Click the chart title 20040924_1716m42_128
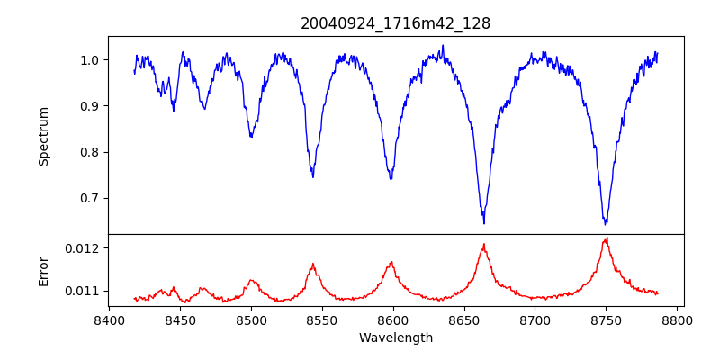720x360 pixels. [x=395, y=23]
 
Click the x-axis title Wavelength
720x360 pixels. [x=395, y=338]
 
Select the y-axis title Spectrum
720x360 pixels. [x=44, y=136]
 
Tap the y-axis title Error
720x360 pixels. [x=44, y=270]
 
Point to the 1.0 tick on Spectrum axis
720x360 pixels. [x=91, y=60]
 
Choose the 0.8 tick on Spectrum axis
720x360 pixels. [x=91, y=152]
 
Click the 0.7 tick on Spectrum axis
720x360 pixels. [x=91, y=198]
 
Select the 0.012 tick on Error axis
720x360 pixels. [x=85, y=247]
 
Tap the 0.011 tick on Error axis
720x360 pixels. [x=85, y=291]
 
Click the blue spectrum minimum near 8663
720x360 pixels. [x=484, y=222]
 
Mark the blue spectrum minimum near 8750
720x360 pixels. [x=606, y=222]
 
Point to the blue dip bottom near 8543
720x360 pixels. [x=313, y=176]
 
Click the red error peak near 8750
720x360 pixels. [x=607, y=238]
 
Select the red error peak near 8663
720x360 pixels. [x=484, y=245]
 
